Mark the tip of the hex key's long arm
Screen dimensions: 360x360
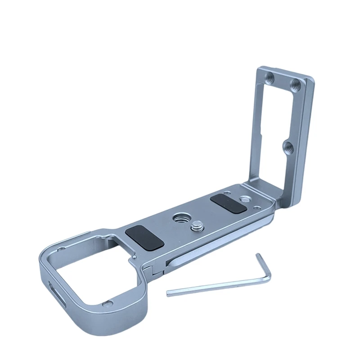tap(168, 294)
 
